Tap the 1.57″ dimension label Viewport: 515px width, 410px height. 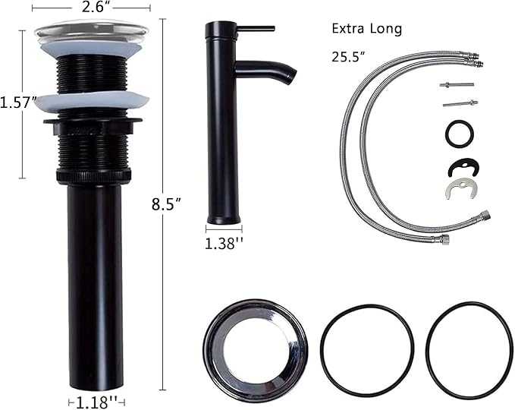tap(17, 102)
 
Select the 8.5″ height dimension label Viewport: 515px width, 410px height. tap(167, 204)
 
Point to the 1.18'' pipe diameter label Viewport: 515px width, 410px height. tap(97, 402)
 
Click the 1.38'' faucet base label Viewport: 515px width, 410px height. tap(224, 243)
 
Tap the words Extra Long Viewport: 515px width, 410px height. tap(367, 29)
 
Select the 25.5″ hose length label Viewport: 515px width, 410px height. tap(348, 56)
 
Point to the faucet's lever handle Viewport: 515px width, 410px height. tap(256, 29)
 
